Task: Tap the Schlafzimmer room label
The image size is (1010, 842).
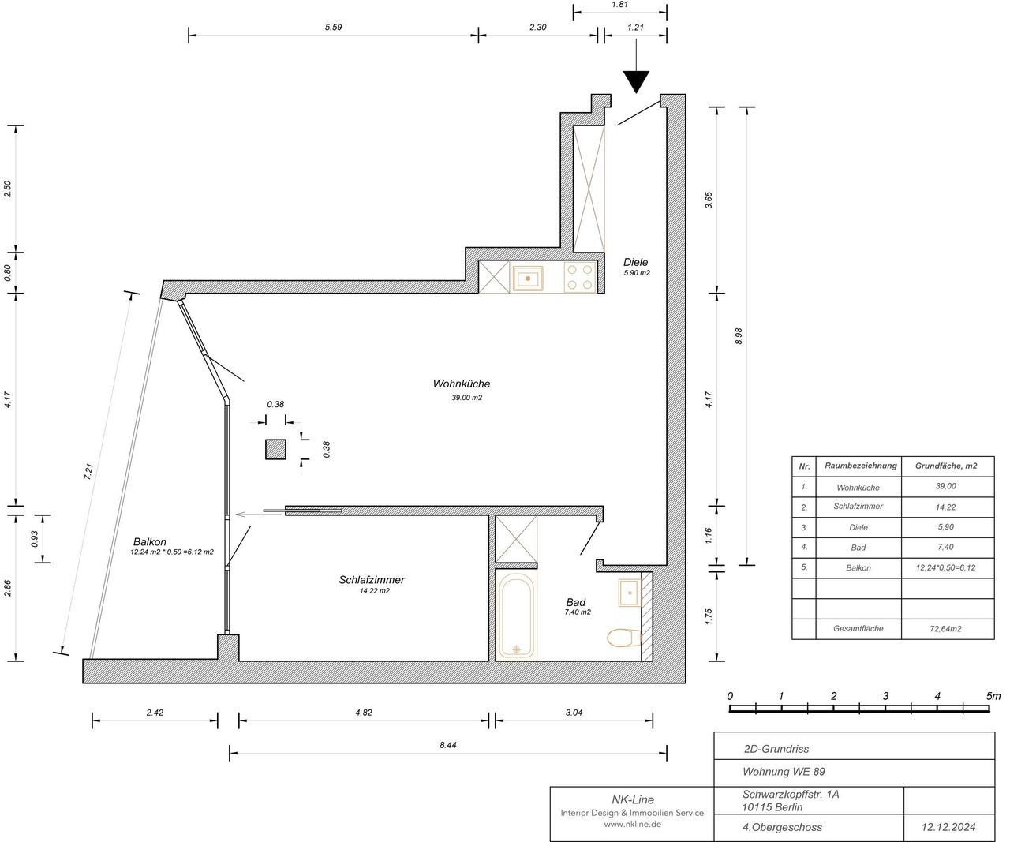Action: pos(371,580)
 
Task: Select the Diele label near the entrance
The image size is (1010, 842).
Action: pos(635,263)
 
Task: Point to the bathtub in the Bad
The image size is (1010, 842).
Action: pos(517,615)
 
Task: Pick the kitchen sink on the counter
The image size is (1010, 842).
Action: pos(528,278)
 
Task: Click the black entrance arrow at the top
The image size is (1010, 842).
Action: pos(636,81)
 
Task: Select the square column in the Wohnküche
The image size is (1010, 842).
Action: pos(275,449)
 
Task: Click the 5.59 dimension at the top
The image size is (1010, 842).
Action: pos(333,27)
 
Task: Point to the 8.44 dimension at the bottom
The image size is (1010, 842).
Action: pos(448,744)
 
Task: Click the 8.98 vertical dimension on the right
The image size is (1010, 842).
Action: pos(739,336)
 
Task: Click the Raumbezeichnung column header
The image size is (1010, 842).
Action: pos(860,466)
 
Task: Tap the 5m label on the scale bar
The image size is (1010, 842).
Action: pos(993,696)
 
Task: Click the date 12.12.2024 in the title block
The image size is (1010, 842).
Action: pos(948,827)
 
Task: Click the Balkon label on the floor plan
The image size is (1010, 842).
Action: pos(149,542)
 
